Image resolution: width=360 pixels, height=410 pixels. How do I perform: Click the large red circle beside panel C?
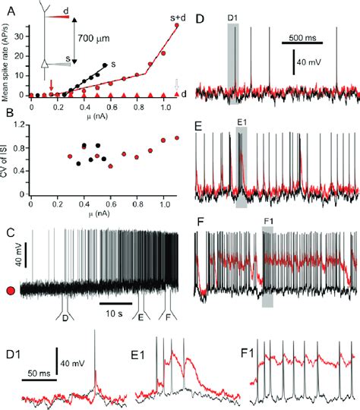pyautogui.click(x=11, y=289)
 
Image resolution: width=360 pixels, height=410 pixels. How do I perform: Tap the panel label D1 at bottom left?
pyautogui.click(x=14, y=354)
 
